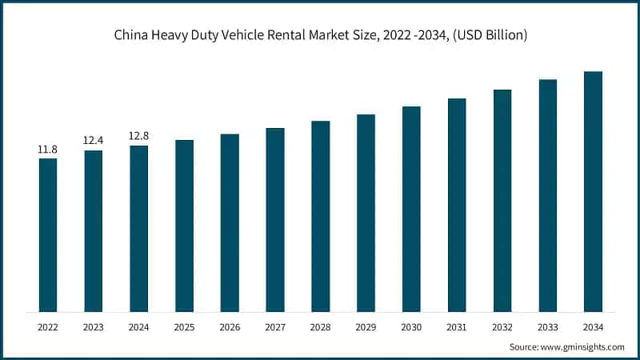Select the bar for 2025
184,226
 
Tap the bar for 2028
321,216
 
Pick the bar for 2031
457,205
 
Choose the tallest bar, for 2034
593,191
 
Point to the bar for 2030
411,209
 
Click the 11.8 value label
48,149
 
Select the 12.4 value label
94,141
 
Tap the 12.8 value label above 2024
139,136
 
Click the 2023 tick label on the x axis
94,327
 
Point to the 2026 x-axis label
230,327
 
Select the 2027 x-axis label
275,327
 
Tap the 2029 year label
366,327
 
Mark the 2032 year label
502,327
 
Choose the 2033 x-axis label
547,327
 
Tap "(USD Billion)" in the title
482,35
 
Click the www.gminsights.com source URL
582,346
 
